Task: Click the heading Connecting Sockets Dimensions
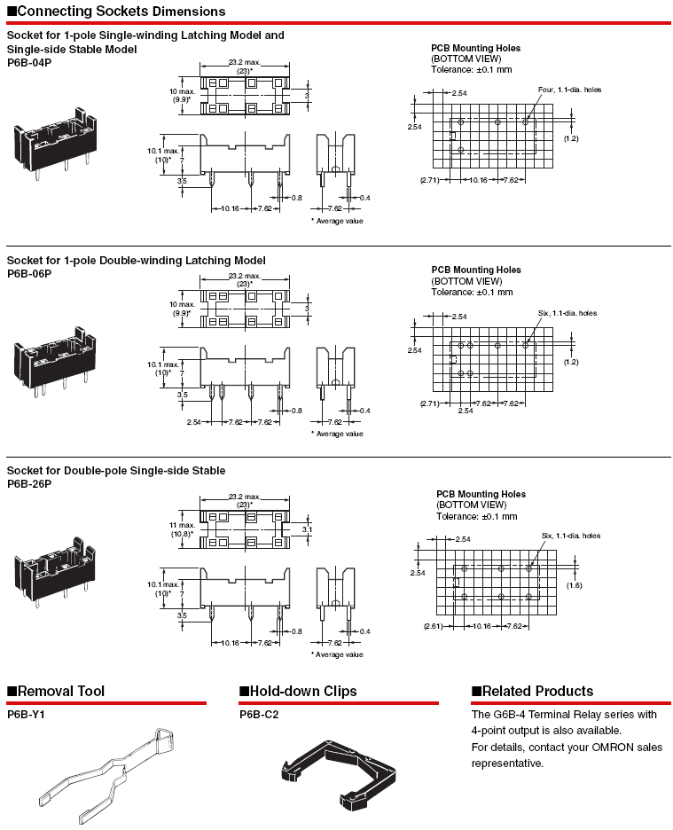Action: point(121,12)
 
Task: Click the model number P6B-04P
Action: point(29,63)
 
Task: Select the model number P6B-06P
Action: point(29,274)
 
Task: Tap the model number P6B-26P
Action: point(29,484)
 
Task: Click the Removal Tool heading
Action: point(60,692)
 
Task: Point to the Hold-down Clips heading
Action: point(302,692)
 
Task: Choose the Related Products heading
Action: point(537,692)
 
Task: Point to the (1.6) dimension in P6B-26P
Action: point(574,585)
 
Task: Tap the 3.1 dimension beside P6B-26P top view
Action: point(307,529)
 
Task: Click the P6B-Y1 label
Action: point(26,714)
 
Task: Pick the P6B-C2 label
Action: point(259,714)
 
